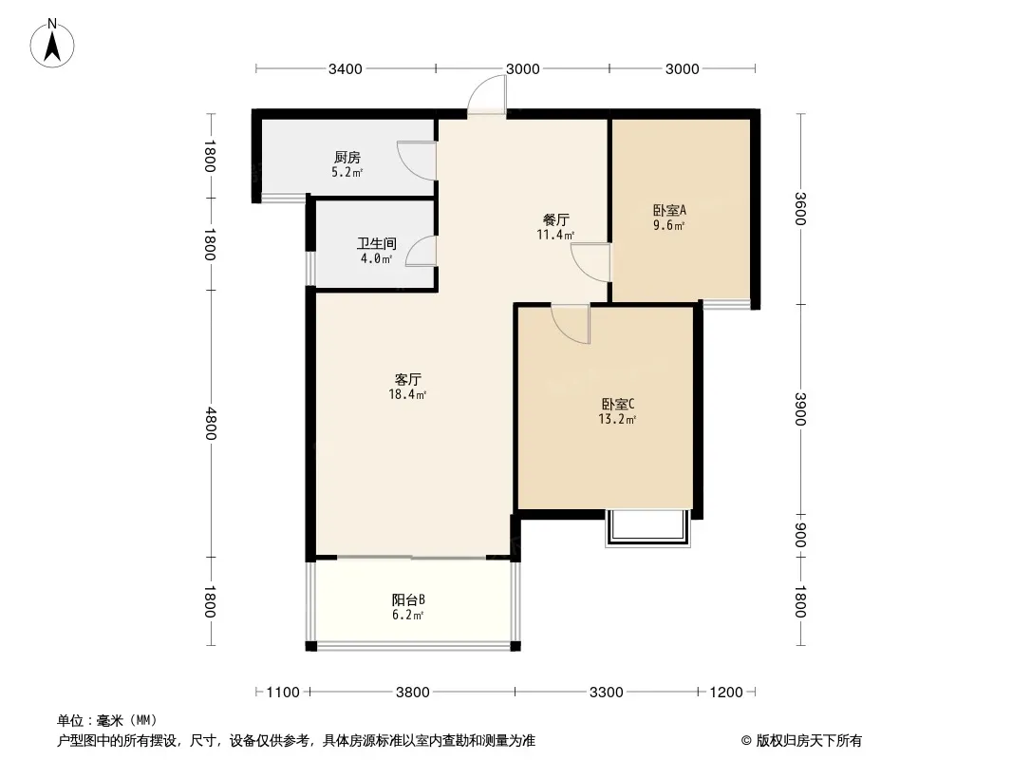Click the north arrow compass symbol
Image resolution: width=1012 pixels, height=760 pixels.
click(52, 44)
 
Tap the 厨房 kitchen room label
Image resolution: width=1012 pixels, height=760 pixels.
click(347, 157)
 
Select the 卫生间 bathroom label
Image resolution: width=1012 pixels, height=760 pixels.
click(376, 243)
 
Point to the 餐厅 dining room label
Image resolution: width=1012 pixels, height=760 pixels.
click(555, 219)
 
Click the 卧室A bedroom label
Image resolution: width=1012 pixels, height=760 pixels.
click(669, 210)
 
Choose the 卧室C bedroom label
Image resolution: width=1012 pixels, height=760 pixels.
click(618, 404)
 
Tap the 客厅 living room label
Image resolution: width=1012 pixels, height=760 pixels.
click(408, 379)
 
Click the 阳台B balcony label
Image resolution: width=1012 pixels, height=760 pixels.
click(408, 599)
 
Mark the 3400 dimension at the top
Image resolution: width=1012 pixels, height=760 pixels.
click(346, 69)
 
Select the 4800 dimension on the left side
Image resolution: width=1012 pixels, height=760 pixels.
click(210, 423)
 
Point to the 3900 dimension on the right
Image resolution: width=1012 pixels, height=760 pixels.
click(800, 409)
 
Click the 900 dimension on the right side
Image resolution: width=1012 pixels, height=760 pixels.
click(800, 535)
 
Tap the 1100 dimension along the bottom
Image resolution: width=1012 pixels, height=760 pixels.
click(283, 693)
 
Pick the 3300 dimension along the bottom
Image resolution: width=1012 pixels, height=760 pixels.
click(606, 693)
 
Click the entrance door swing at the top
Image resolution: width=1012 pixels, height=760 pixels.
click(487, 95)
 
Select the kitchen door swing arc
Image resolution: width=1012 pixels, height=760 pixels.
click(417, 161)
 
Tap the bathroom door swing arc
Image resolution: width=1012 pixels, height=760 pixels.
click(422, 251)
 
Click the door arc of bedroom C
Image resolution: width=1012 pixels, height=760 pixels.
click(571, 324)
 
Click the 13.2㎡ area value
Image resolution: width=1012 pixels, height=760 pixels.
click(618, 420)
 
